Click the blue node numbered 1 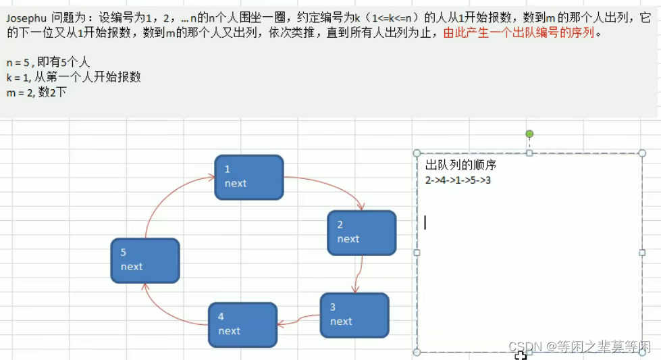(248, 177)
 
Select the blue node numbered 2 (361, 232)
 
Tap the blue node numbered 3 (354, 315)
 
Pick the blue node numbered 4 (242, 324)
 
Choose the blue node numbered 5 (145, 260)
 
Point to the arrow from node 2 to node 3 (357, 274)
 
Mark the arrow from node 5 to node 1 (165, 196)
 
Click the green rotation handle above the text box (529, 134)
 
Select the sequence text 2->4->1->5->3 (458, 180)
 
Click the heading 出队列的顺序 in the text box (460, 165)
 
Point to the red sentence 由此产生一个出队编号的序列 (519, 32)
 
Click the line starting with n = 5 (48, 62)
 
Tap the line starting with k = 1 (74, 77)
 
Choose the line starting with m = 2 (36, 93)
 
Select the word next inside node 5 (132, 267)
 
